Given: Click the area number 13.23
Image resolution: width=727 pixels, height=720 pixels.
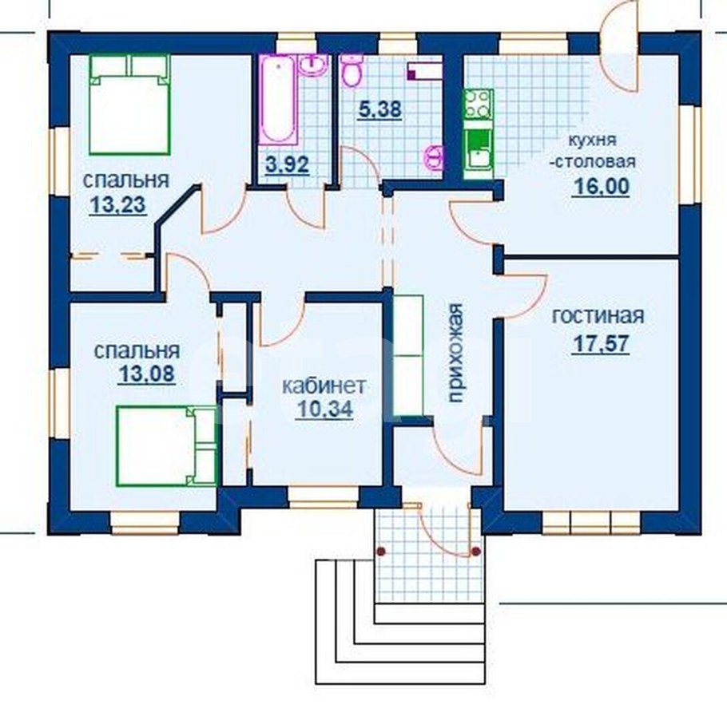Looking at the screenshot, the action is (x=118, y=205).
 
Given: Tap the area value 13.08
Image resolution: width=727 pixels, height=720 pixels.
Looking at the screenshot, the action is (x=148, y=374).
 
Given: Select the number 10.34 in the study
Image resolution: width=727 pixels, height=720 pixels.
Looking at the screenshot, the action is (x=324, y=409).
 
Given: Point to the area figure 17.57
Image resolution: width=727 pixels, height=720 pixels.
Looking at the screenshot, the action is (x=601, y=344).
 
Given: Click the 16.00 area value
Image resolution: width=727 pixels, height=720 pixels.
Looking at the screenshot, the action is (x=602, y=186).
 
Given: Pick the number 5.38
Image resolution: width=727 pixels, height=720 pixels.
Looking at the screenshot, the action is (x=379, y=110).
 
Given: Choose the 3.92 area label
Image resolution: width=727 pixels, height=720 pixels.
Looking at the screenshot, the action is (x=288, y=164).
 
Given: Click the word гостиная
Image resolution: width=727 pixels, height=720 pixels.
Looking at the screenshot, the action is (x=598, y=316).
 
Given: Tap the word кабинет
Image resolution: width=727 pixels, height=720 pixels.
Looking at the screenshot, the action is (x=324, y=386).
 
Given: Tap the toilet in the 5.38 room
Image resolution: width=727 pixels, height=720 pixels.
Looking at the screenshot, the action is (x=352, y=70).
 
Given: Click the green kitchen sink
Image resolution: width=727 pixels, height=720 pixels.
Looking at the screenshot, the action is (x=479, y=149).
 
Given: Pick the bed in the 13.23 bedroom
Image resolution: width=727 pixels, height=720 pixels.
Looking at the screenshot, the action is (x=130, y=105).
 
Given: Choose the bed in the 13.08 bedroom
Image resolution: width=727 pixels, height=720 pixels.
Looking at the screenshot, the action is (x=168, y=446).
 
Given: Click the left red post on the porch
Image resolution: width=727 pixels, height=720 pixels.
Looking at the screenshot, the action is (x=381, y=552).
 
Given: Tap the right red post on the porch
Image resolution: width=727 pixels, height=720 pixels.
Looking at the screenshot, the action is (x=475, y=552).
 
